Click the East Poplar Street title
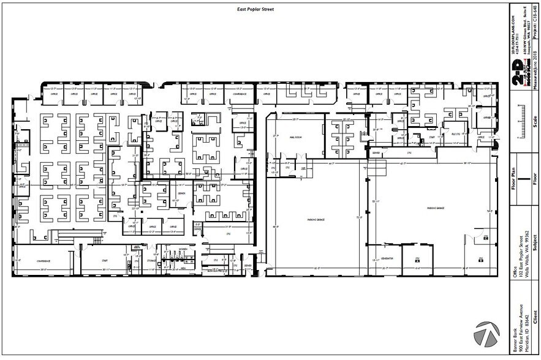coord(255,10)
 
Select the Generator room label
coord(386,258)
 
